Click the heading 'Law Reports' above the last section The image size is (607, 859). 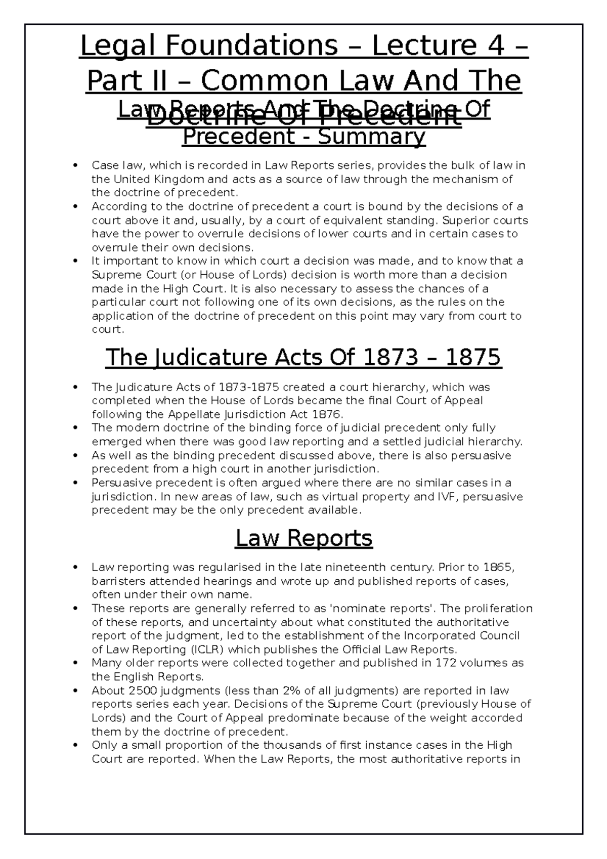(303, 538)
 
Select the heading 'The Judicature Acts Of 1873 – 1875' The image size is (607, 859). (303, 358)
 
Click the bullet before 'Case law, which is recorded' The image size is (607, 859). (75, 165)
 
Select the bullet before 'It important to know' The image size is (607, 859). (75, 261)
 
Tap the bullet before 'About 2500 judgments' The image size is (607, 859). (75, 691)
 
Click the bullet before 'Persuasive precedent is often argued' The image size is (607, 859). (75, 483)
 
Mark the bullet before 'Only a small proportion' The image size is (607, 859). (75, 745)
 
